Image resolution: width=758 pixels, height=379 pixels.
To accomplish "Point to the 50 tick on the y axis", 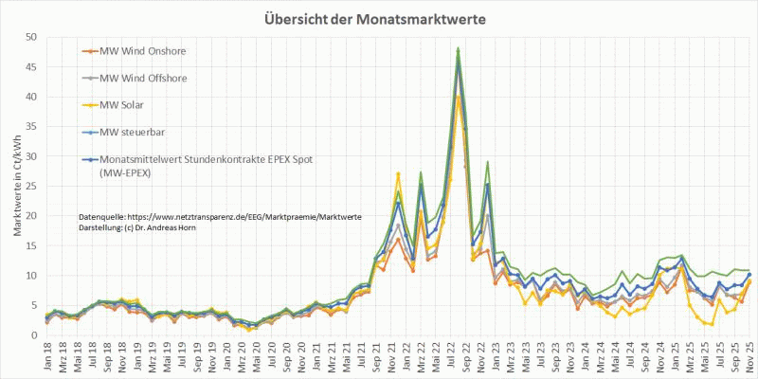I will coord(30,37).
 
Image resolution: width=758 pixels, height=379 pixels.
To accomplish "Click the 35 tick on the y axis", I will coord(30,126).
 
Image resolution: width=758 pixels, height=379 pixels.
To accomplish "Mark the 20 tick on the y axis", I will coord(30,215).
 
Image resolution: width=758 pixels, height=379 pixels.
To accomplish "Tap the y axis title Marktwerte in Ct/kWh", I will coord(13,186).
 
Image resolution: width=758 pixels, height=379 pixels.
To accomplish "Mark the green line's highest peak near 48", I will coord(459,48).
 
